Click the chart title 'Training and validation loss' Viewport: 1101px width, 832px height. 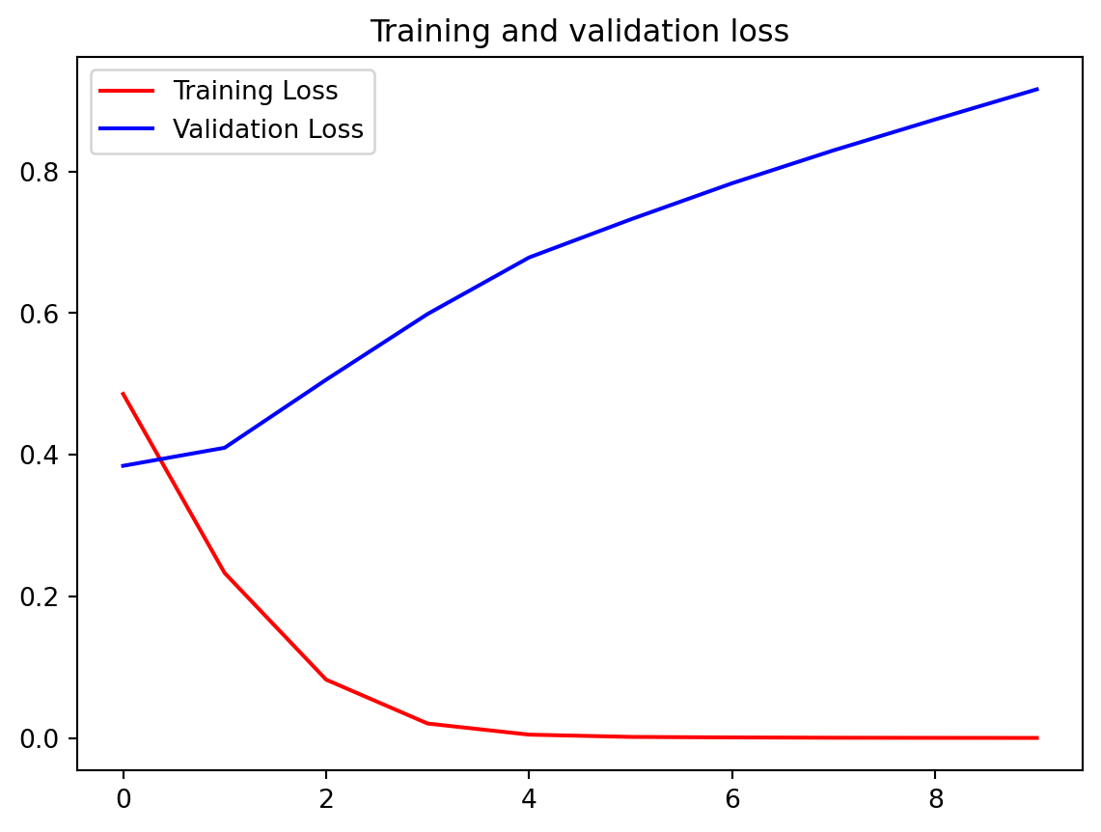[579, 32]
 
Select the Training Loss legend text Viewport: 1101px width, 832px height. [255, 92]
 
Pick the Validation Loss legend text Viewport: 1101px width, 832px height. [267, 129]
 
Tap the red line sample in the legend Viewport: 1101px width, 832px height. [126, 92]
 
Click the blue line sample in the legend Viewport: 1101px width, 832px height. [126, 129]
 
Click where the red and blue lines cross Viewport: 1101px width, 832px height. [159, 458]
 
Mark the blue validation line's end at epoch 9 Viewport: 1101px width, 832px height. [1036, 89]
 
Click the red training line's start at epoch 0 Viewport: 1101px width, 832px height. [124, 394]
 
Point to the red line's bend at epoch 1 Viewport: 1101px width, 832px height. [225, 573]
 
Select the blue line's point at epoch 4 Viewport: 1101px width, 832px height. [529, 258]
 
